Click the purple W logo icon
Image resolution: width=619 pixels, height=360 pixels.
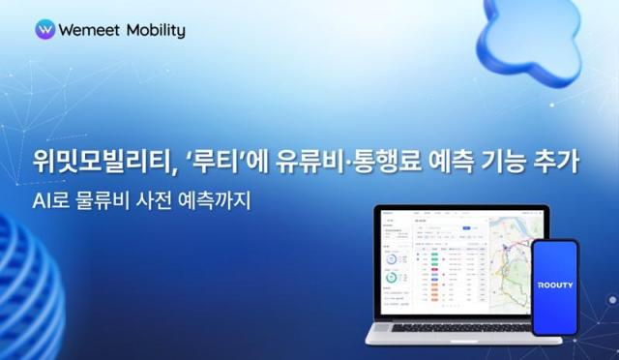click(x=44, y=30)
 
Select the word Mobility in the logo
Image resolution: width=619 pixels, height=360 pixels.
click(x=154, y=31)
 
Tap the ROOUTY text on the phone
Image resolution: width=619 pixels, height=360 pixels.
click(x=554, y=286)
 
